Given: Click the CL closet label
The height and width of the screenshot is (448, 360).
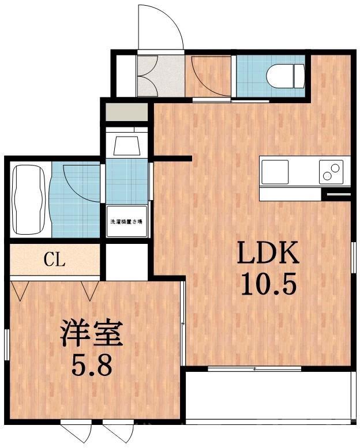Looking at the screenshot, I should point(55,260).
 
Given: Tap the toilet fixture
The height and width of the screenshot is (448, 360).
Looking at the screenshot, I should point(285,74).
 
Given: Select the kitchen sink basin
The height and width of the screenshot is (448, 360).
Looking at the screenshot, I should point(275,171).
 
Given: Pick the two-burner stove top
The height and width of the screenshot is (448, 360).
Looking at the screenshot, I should point(331,171).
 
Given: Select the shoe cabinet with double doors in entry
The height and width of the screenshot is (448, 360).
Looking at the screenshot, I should point(151,76).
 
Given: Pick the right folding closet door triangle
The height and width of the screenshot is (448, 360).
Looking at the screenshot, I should point(91,290).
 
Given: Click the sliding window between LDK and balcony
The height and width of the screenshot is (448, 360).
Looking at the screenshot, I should point(254,367).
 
